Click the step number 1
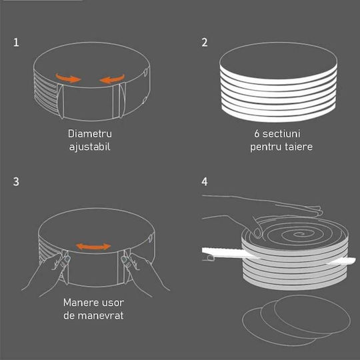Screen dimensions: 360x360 pos(16,43)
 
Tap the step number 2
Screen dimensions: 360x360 pos(205,43)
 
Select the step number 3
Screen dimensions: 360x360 pos(16,181)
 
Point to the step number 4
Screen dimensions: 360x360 pos(205,181)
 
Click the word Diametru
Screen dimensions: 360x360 pos(90,133)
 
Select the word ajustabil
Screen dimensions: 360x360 pos(90,147)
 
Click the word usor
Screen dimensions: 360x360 pos(112,303)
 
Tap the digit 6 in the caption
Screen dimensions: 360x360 pos(257,133)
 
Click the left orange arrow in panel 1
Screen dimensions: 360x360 pos(68,78)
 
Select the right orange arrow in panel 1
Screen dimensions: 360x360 pos(112,79)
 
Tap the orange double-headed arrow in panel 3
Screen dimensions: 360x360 pos(93,247)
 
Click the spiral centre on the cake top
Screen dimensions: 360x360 pos(299,235)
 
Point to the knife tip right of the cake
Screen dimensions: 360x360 pos(355,260)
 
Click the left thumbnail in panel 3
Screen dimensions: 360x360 pos(67,259)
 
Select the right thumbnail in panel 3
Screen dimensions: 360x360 pos(124,260)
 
